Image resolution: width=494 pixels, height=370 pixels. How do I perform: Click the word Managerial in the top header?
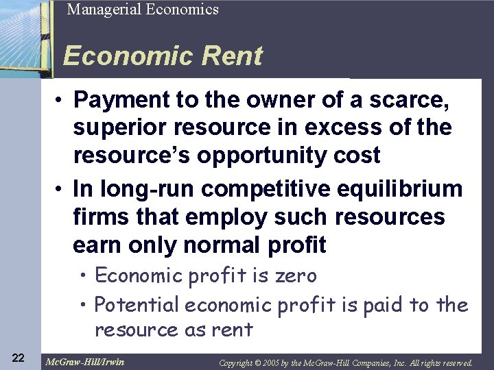(x=100, y=10)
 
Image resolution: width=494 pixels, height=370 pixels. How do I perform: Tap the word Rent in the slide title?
(x=229, y=56)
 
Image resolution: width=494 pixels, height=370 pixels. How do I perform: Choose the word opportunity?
(x=264, y=155)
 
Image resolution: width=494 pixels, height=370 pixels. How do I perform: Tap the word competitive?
(x=269, y=189)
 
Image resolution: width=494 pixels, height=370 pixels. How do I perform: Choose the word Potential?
(x=137, y=304)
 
